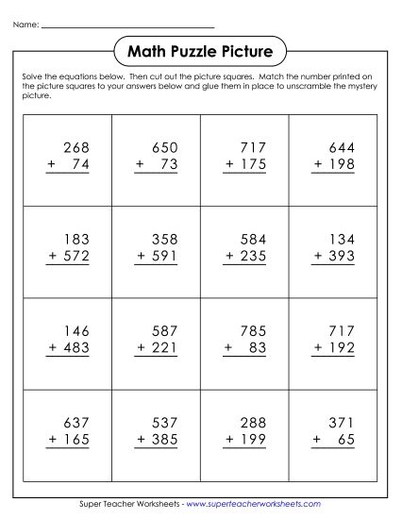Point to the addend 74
click(x=79, y=165)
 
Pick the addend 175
click(x=254, y=165)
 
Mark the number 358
click(x=163, y=240)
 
